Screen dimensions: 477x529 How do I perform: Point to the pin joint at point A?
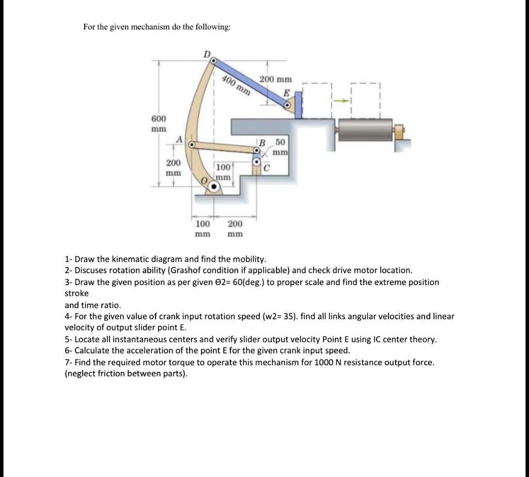click(192, 145)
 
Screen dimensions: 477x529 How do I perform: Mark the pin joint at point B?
click(256, 150)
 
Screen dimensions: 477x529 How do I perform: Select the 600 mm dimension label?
click(158, 123)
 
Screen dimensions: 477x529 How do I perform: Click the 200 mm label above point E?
click(275, 79)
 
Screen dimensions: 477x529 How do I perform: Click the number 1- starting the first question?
click(68, 259)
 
